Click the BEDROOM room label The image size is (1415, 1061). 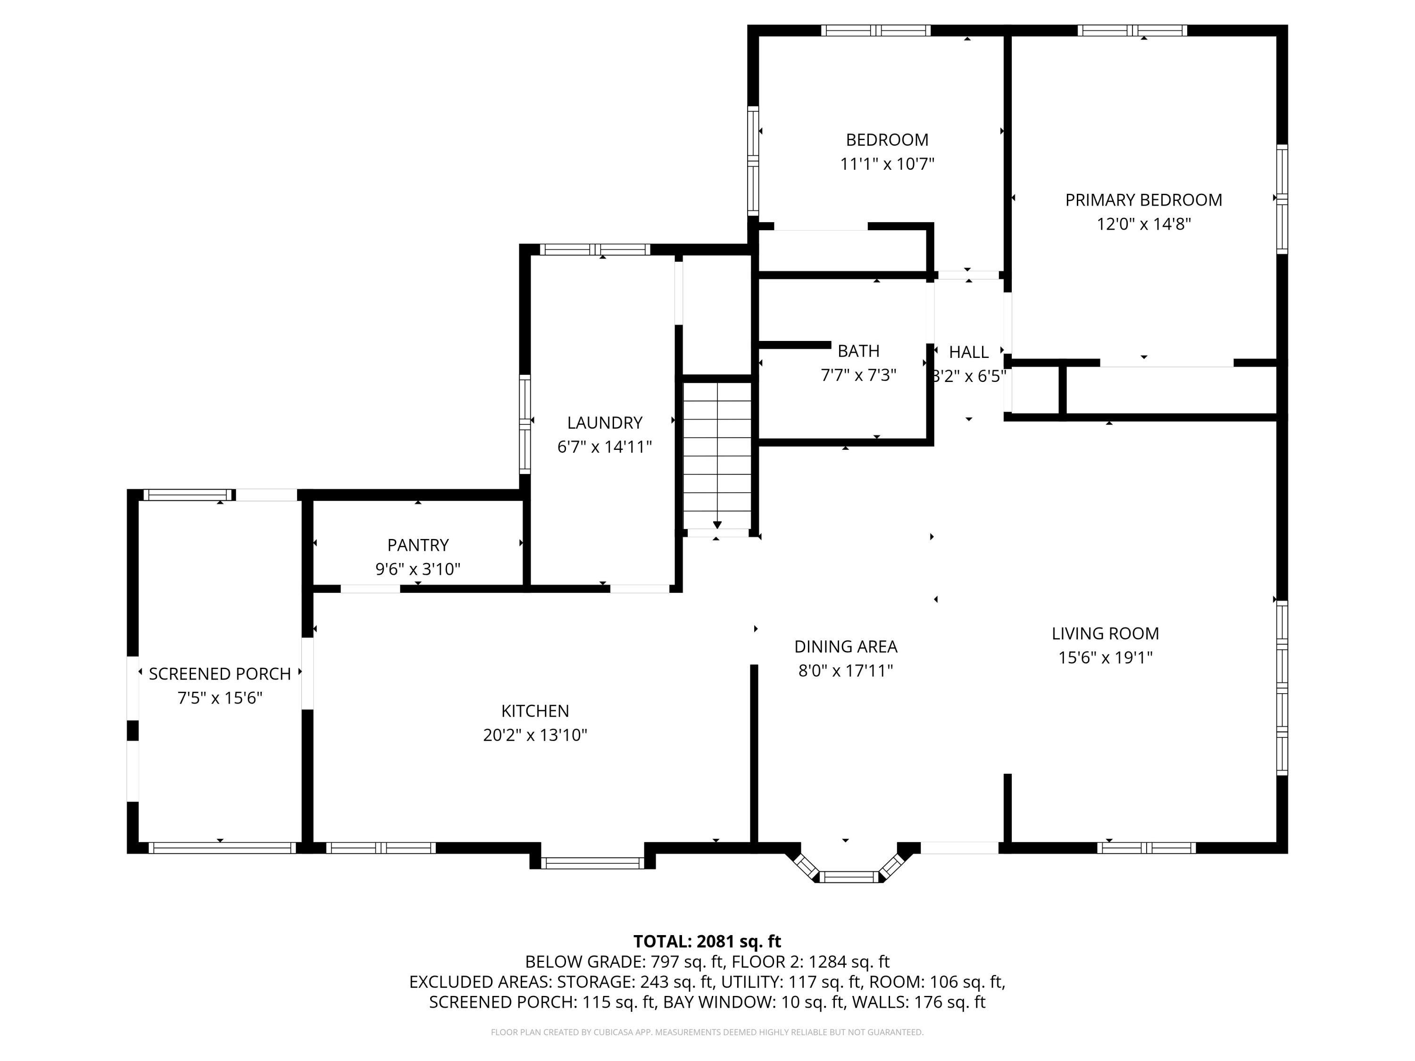click(887, 140)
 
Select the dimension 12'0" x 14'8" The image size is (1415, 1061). click(1143, 224)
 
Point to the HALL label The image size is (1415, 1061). click(968, 352)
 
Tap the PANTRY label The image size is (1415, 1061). click(418, 545)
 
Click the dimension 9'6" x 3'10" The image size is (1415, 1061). click(418, 569)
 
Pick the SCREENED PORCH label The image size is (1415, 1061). click(219, 673)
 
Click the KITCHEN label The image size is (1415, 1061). click(535, 711)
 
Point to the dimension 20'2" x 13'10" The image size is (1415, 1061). click(535, 735)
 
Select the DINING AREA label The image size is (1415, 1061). click(845, 647)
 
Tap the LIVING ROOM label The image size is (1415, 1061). click(1105, 633)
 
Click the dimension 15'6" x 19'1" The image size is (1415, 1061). click(1105, 657)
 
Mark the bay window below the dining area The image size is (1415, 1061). click(849, 876)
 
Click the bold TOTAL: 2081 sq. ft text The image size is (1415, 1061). click(707, 941)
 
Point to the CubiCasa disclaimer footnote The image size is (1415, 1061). click(707, 1032)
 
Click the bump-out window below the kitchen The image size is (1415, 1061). click(592, 863)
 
